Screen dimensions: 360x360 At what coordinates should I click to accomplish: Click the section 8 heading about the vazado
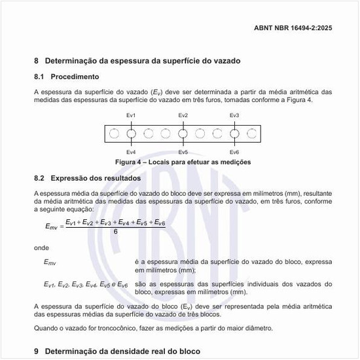point(137,61)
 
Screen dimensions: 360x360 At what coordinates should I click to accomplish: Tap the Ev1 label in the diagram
point(131,115)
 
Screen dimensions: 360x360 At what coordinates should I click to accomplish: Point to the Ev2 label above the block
point(183,115)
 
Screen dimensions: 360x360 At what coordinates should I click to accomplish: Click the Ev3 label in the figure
point(234,115)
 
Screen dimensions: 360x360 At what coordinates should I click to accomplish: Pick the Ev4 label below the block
point(131,152)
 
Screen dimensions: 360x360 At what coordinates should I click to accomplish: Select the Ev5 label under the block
point(183,152)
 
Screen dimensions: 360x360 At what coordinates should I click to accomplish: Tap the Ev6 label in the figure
point(234,152)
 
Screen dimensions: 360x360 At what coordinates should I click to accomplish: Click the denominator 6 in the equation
point(116,231)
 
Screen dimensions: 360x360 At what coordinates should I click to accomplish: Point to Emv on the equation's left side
point(51,226)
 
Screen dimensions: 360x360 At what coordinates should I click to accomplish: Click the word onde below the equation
point(41,249)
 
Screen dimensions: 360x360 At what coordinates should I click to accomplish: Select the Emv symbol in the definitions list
point(50,262)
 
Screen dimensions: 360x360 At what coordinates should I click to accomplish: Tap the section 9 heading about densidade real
point(117,351)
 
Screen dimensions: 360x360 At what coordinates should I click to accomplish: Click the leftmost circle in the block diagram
point(114,134)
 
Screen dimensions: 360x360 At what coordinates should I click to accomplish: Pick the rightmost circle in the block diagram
point(252,134)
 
